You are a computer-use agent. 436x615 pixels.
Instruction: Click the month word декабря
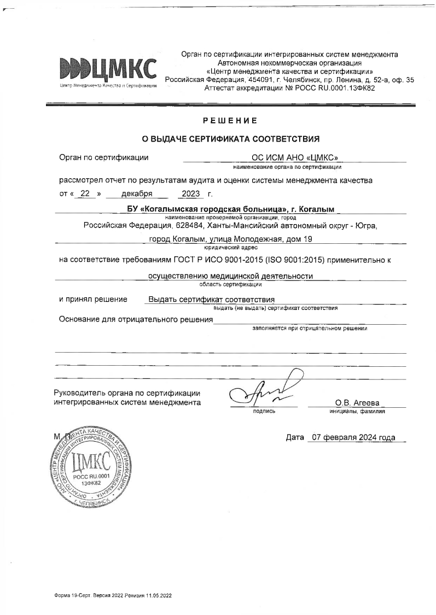129,194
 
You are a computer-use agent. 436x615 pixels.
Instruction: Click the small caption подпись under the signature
264,411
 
